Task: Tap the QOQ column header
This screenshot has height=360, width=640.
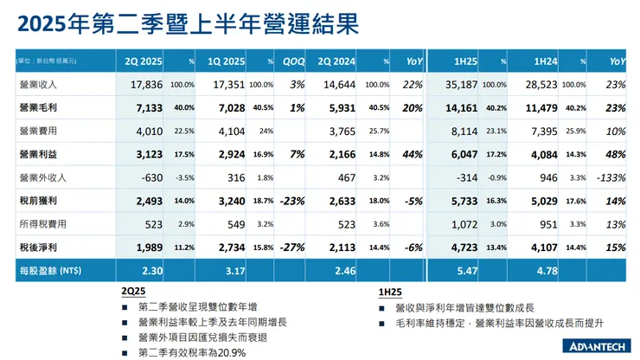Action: point(293,61)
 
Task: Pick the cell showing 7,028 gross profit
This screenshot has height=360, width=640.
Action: point(224,107)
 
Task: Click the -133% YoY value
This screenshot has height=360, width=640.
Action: point(609,177)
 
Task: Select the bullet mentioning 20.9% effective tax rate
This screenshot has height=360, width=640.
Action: point(185,352)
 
